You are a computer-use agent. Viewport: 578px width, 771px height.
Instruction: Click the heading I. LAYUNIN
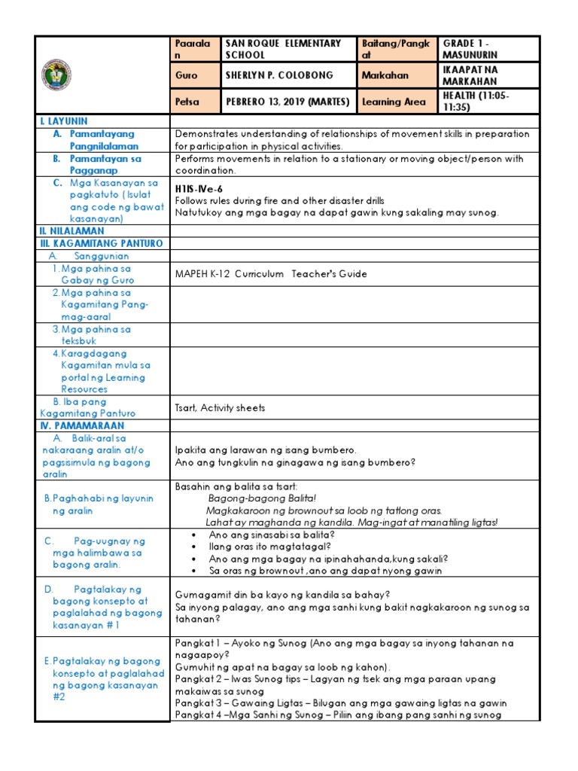pyautogui.click(x=64, y=120)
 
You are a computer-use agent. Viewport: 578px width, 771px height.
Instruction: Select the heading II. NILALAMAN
pyautogui.click(x=71, y=231)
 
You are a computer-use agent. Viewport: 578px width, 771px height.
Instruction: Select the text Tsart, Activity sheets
pyautogui.click(x=220, y=407)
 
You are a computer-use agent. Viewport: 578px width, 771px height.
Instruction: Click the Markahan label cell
pyautogui.click(x=389, y=75)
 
